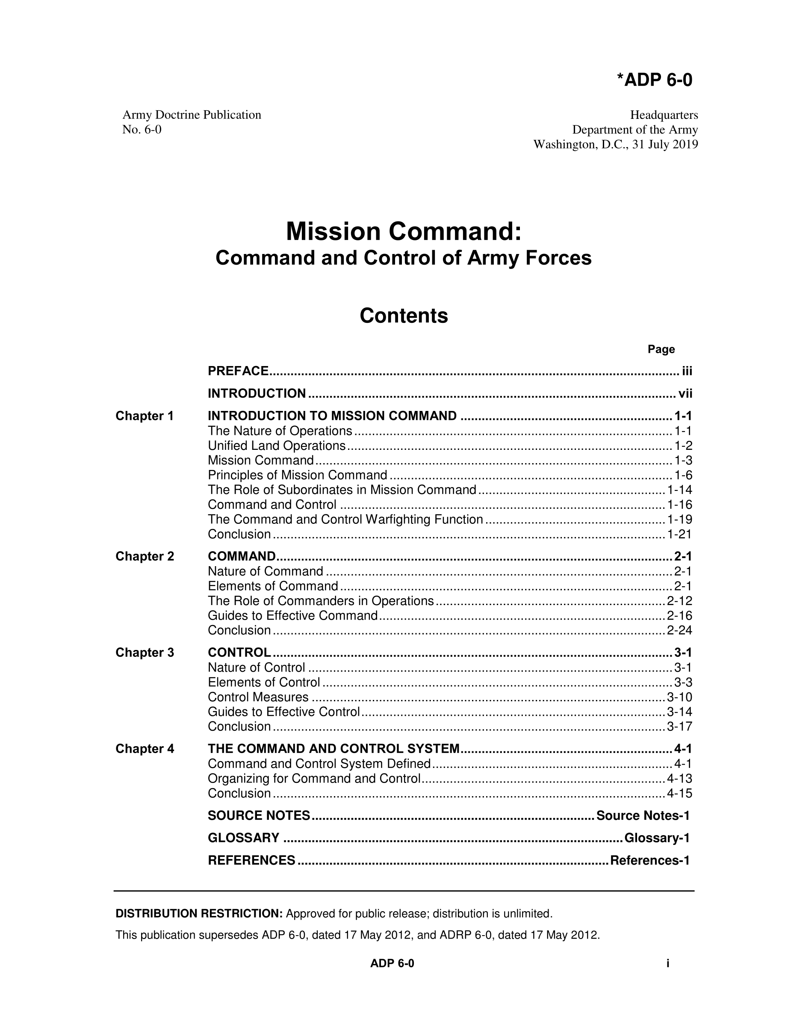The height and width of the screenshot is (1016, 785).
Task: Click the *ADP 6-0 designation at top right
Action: pyautogui.click(x=654, y=80)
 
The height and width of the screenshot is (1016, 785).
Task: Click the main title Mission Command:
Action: pyautogui.click(x=403, y=232)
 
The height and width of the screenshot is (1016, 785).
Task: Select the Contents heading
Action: pyautogui.click(x=403, y=316)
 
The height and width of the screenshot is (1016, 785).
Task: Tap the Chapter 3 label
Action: pyautogui.click(x=145, y=653)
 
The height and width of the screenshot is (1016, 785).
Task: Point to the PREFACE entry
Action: pyautogui.click(x=238, y=371)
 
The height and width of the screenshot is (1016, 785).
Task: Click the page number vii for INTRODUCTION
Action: pyautogui.click(x=685, y=393)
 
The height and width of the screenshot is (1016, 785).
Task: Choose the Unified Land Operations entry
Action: pyautogui.click(x=277, y=446)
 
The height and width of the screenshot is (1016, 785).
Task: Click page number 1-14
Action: pyautogui.click(x=679, y=490)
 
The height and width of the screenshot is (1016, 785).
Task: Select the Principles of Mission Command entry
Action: pyautogui.click(x=298, y=475)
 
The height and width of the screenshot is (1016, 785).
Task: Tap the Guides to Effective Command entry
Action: pyautogui.click(x=292, y=616)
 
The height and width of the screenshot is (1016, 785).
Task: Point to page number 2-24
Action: pyautogui.click(x=679, y=630)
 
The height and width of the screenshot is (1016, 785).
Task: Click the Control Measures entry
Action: pyautogui.click(x=258, y=697)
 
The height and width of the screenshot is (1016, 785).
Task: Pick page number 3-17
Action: pyautogui.click(x=679, y=727)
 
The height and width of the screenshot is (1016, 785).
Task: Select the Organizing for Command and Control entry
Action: pyautogui.click(x=314, y=779)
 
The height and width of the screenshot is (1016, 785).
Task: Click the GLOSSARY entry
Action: pyautogui.click(x=244, y=838)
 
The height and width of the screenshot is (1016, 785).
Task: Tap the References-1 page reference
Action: pyautogui.click(x=649, y=861)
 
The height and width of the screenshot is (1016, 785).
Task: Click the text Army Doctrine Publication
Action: pyautogui.click(x=192, y=115)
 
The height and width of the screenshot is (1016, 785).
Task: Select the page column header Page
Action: pyautogui.click(x=661, y=349)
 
